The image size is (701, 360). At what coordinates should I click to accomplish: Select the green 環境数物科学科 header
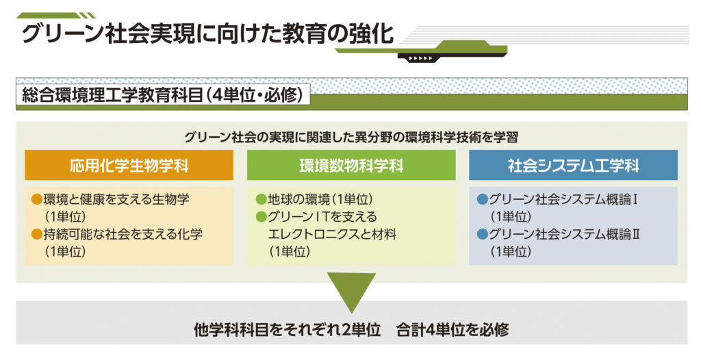click(351, 166)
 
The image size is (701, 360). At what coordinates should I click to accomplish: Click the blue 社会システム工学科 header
click(573, 166)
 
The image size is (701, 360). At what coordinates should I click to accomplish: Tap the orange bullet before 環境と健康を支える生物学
click(37, 200)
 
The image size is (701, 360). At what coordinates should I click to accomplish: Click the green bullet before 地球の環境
click(260, 200)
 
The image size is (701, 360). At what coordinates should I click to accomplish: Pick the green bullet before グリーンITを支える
click(260, 218)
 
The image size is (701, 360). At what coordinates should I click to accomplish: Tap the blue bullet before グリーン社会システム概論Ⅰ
click(482, 200)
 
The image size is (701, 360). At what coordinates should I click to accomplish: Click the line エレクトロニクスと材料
click(333, 235)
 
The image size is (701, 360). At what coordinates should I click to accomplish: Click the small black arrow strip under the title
click(420, 58)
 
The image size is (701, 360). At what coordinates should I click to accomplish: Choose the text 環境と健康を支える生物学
click(116, 200)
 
